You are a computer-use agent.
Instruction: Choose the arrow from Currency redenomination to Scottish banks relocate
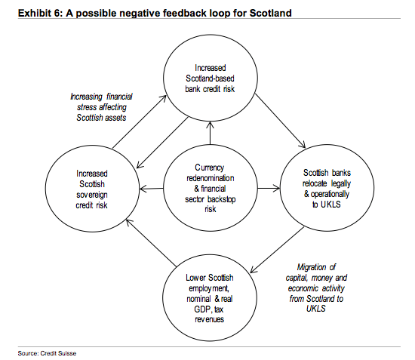click(265, 187)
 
